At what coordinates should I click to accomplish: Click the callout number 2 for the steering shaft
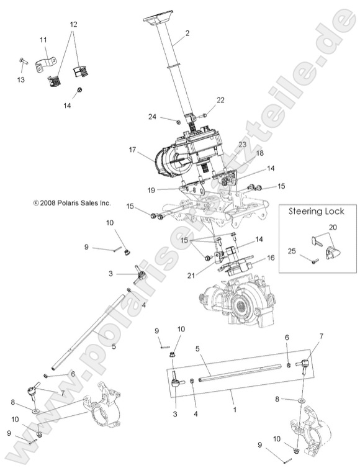[187, 33]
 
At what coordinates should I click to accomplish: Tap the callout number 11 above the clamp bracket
[43, 41]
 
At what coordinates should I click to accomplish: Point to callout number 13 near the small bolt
[20, 80]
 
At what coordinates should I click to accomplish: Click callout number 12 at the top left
[74, 24]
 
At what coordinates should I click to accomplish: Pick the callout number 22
[221, 100]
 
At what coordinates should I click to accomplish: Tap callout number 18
[242, 153]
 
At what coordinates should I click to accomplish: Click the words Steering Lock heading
[316, 211]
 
